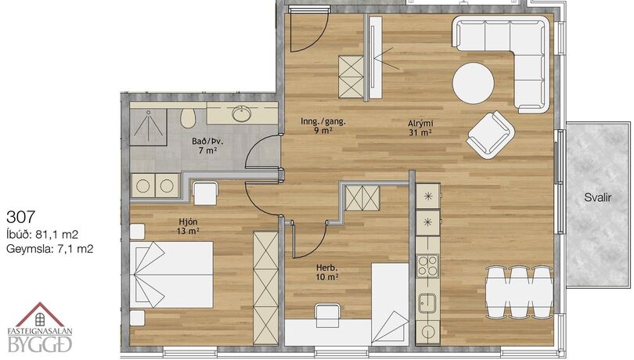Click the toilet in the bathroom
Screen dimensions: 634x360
(188, 117)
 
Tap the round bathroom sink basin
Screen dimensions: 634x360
(242, 113)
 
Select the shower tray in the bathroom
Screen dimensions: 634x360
(149, 127)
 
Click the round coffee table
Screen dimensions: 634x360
(473, 83)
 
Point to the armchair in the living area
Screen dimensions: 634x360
(490, 135)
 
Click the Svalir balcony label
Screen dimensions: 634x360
(598, 198)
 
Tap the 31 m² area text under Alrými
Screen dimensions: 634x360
(420, 132)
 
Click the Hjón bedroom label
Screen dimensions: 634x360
(188, 221)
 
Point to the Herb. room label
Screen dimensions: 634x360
(326, 268)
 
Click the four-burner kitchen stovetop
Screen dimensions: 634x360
(428, 266)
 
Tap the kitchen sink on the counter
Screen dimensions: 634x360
(427, 303)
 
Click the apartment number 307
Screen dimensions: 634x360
(20, 218)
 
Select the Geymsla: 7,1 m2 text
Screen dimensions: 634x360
(50, 248)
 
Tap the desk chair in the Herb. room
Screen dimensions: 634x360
(327, 315)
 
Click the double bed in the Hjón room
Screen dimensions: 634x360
(172, 275)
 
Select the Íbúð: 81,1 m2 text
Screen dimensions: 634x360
(42, 234)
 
